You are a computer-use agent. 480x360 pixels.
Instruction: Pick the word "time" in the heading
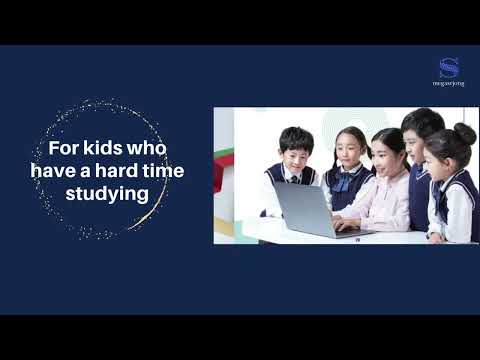click(161, 171)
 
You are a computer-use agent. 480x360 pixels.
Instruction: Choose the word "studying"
click(107, 193)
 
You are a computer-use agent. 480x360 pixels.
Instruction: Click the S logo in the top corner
click(448, 67)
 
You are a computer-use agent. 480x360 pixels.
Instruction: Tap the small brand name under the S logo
click(448, 84)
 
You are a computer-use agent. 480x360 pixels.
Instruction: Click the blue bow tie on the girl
click(346, 182)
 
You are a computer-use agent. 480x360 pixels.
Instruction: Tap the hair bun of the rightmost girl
click(465, 132)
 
